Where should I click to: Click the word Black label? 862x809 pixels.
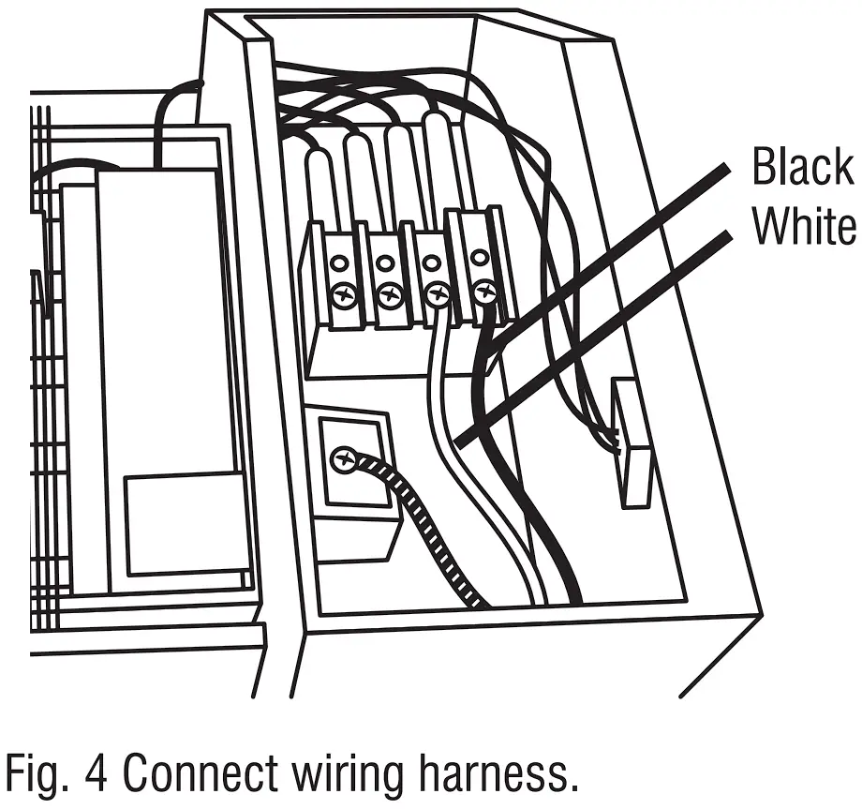pos(802,169)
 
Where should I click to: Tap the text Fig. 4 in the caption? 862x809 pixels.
pos(58,774)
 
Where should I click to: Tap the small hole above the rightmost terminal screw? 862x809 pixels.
pos(480,255)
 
